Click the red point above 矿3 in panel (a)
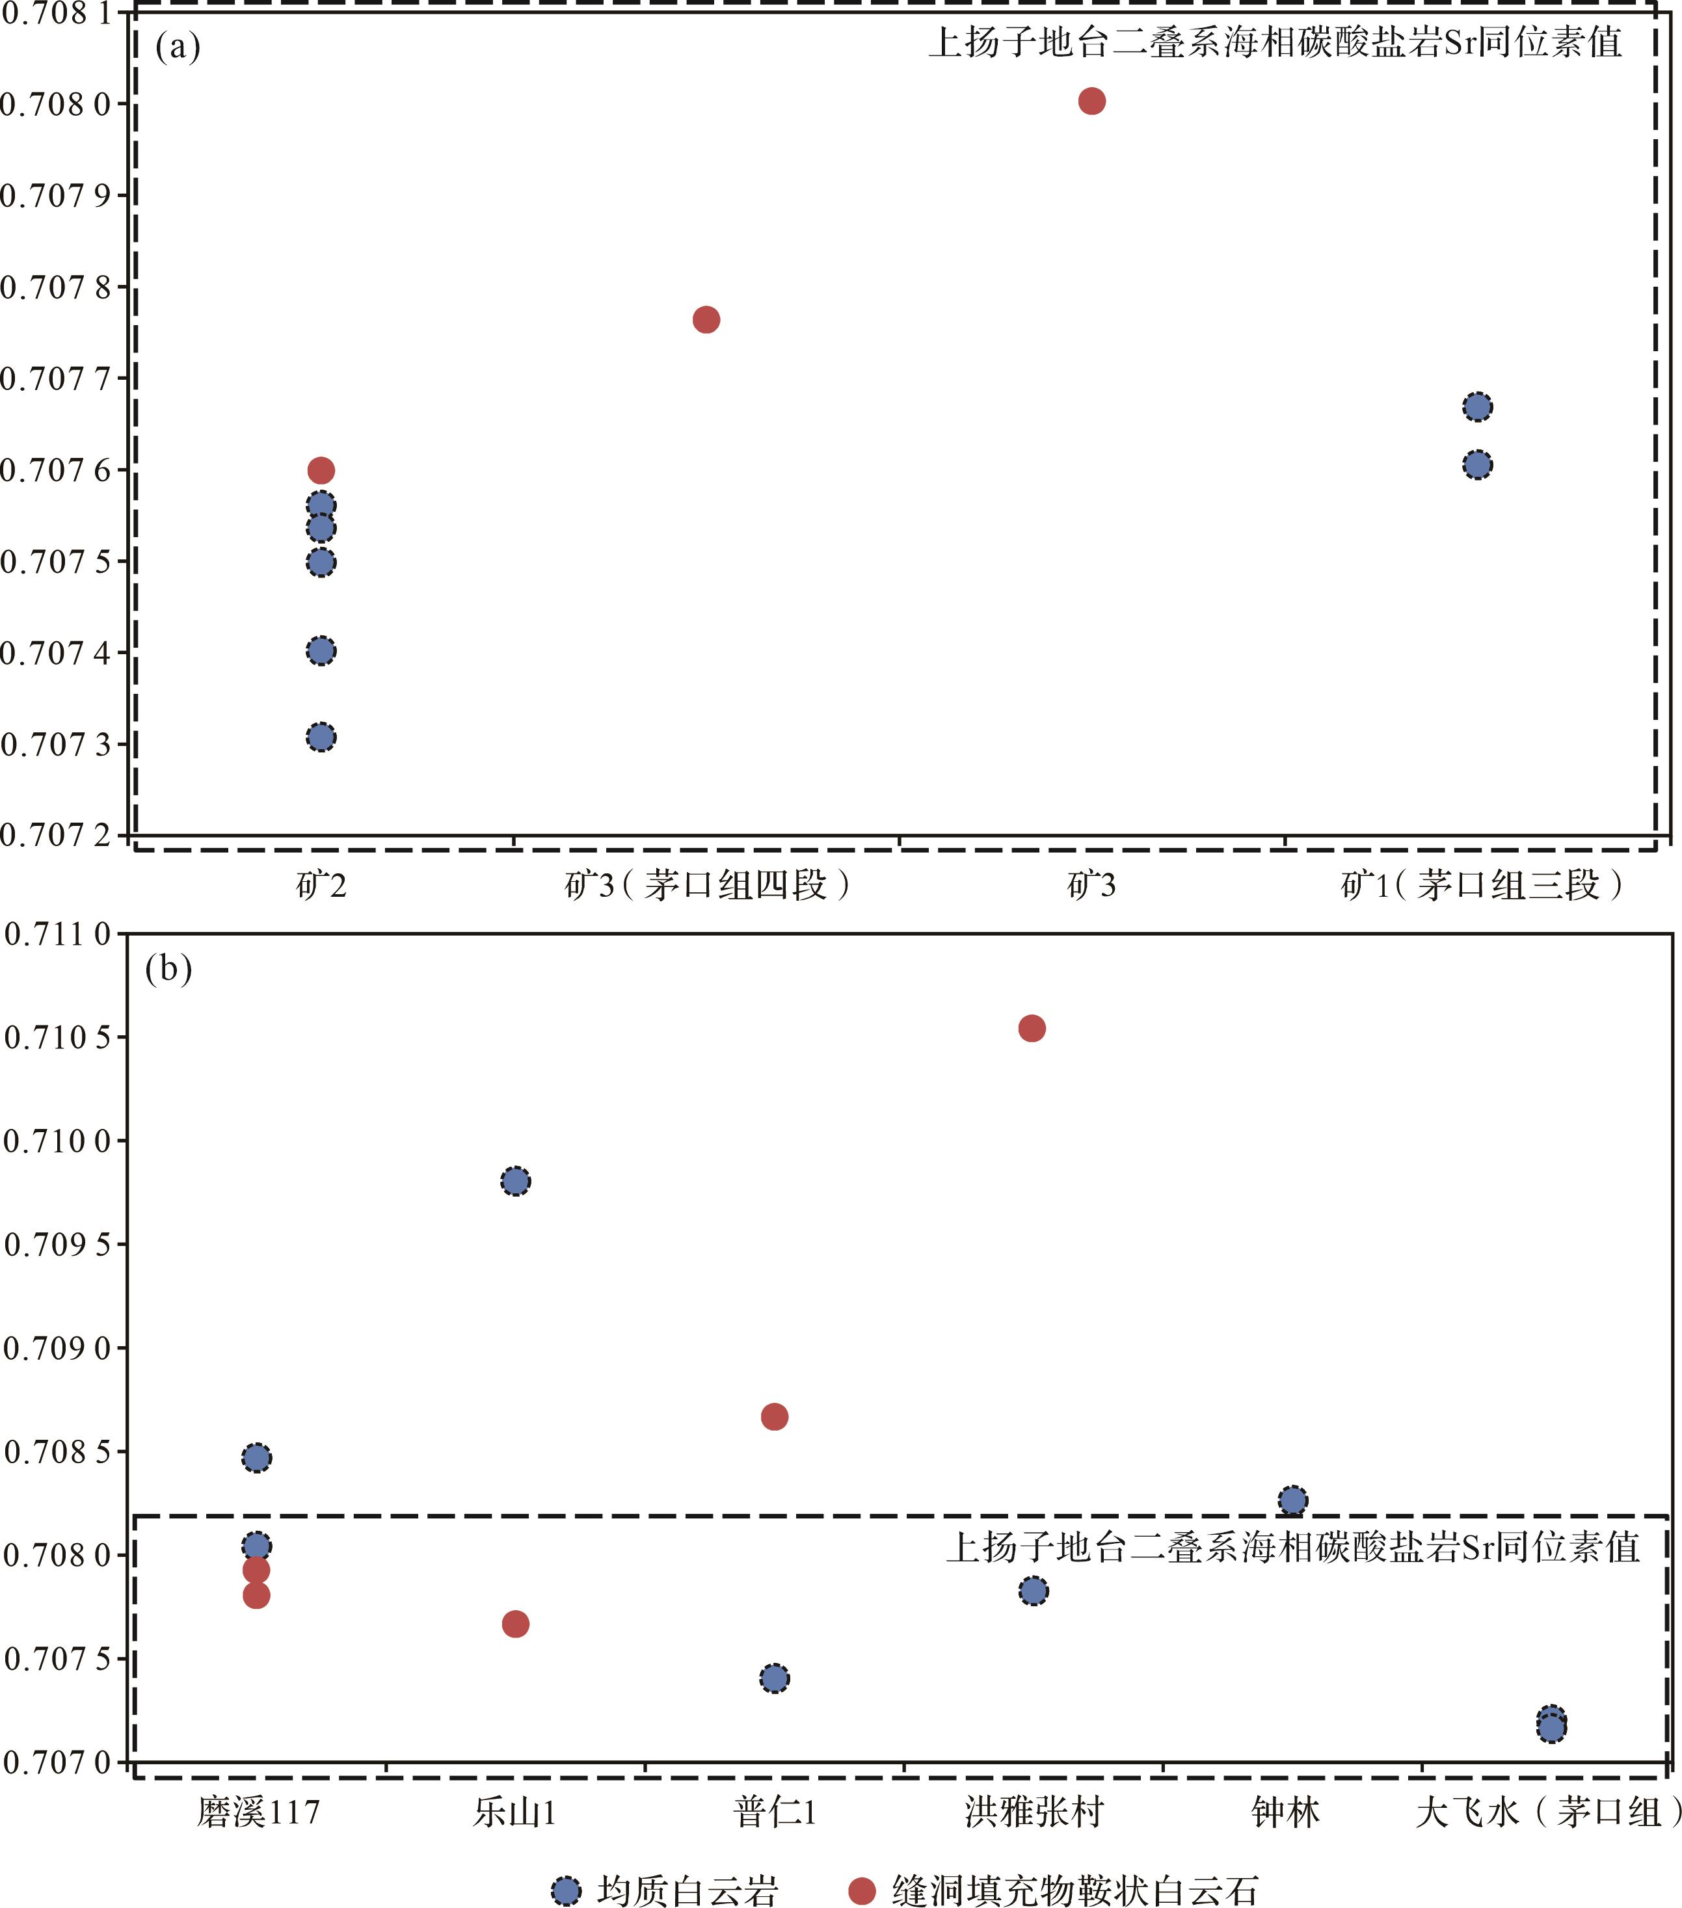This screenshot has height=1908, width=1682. click(x=1091, y=101)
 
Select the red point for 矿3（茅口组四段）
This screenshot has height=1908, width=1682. click(x=706, y=320)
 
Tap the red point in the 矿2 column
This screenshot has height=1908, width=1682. click(x=320, y=470)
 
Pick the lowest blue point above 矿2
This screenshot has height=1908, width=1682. click(x=320, y=737)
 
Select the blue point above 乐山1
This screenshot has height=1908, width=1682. click(x=515, y=1182)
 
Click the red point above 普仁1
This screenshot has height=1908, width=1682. click(x=774, y=1417)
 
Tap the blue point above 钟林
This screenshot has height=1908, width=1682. click(x=1292, y=1501)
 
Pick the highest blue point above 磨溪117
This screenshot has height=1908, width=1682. click(x=257, y=1458)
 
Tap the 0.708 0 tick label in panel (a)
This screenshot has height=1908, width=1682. click(x=56, y=103)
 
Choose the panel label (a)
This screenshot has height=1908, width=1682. click(x=178, y=46)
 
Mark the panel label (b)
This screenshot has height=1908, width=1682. click(x=168, y=968)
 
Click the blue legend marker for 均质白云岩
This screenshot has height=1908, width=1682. click(x=567, y=1890)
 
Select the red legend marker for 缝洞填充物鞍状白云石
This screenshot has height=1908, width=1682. click(x=862, y=1890)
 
